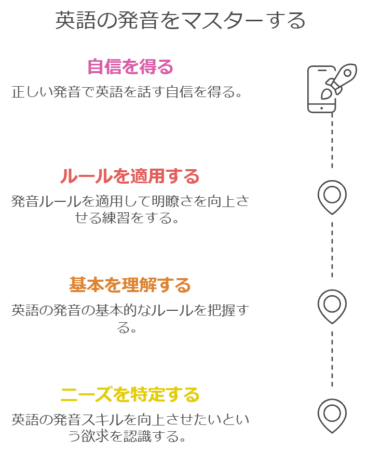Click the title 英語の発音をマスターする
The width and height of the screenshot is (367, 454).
[180, 20]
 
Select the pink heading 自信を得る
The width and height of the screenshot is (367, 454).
[130, 66]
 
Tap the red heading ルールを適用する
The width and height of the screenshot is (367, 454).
[130, 175]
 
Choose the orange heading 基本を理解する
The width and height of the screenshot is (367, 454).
[130, 285]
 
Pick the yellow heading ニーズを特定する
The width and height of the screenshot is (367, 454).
[130, 394]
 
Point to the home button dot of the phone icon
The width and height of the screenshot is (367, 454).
[321, 108]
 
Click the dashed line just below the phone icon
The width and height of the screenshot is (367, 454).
[332, 141]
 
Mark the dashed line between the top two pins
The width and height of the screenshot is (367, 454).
[332, 250]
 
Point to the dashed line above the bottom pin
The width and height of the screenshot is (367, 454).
[332, 359]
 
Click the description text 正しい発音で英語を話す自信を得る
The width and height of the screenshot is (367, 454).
[127, 92]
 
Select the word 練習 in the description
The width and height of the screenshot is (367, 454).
[116, 218]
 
